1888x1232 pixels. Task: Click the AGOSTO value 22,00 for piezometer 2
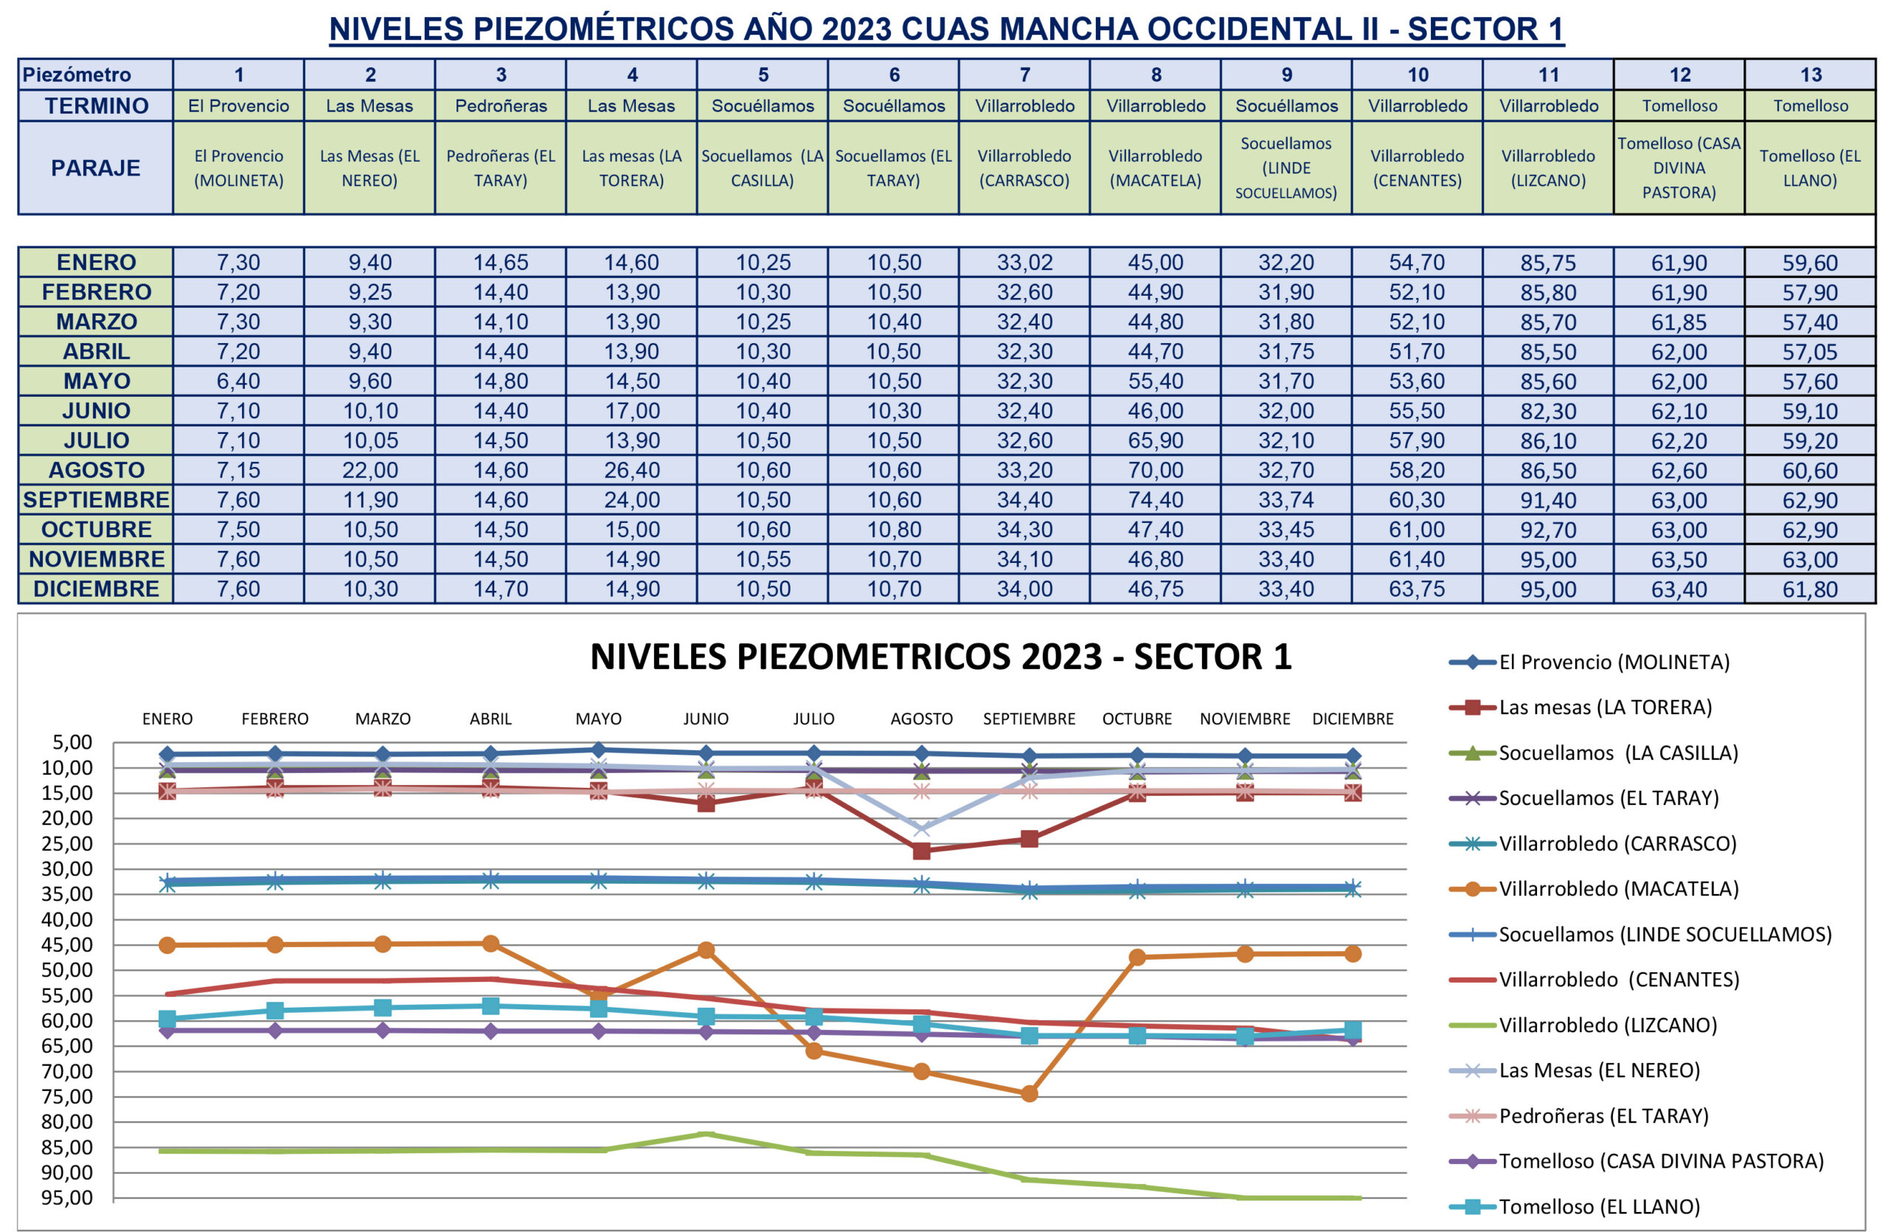pos(369,471)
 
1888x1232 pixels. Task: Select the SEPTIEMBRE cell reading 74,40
pos(1155,499)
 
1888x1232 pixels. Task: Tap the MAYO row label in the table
pos(96,381)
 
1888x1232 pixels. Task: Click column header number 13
pos(1811,75)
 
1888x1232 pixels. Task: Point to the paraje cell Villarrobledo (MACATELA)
pos(1155,167)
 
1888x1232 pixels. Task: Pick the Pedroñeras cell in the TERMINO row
pos(501,105)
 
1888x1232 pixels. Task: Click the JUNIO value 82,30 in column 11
pos(1548,411)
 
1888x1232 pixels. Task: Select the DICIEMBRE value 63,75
pos(1417,589)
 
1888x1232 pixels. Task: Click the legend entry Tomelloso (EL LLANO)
pos(1598,1207)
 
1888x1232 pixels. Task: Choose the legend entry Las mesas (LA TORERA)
pos(1604,707)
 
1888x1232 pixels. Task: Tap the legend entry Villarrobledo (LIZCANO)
pos(1607,1025)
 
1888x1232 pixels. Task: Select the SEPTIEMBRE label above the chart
pos(1029,719)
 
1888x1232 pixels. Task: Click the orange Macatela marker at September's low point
pos(1029,1093)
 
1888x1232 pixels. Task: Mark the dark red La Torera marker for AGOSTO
pos(921,851)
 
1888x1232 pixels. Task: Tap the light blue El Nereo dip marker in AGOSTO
pos(921,829)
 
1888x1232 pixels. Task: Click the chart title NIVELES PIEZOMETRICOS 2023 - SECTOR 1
pos(941,657)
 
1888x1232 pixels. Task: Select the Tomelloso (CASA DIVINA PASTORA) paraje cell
pos(1679,167)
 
